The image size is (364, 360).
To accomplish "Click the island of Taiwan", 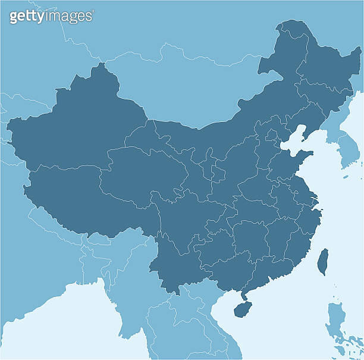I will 322,261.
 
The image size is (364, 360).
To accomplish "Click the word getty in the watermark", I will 26,16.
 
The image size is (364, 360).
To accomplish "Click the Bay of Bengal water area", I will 59,321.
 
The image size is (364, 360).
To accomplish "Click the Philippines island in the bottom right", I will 336,318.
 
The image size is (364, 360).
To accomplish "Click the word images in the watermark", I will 68,16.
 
